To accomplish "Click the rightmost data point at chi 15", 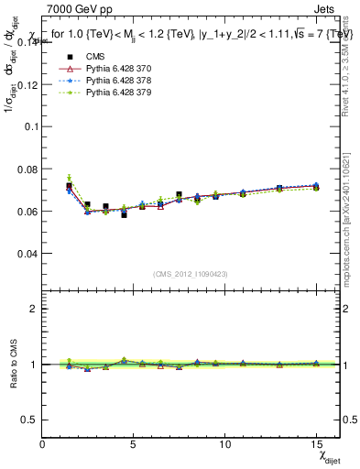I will click(316, 186).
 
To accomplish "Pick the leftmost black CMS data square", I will click(70, 186).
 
